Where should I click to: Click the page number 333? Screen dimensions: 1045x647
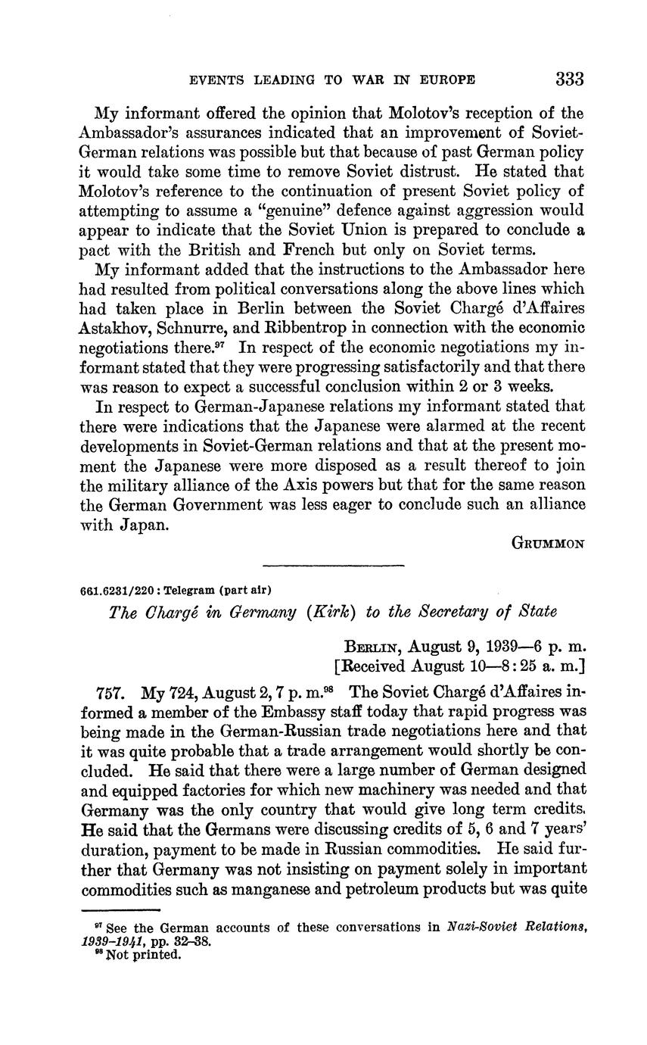click(570, 79)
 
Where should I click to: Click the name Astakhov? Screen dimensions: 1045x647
click(113, 327)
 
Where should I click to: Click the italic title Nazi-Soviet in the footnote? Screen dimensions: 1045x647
click(490, 927)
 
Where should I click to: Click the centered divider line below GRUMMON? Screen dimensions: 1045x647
click(333, 565)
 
